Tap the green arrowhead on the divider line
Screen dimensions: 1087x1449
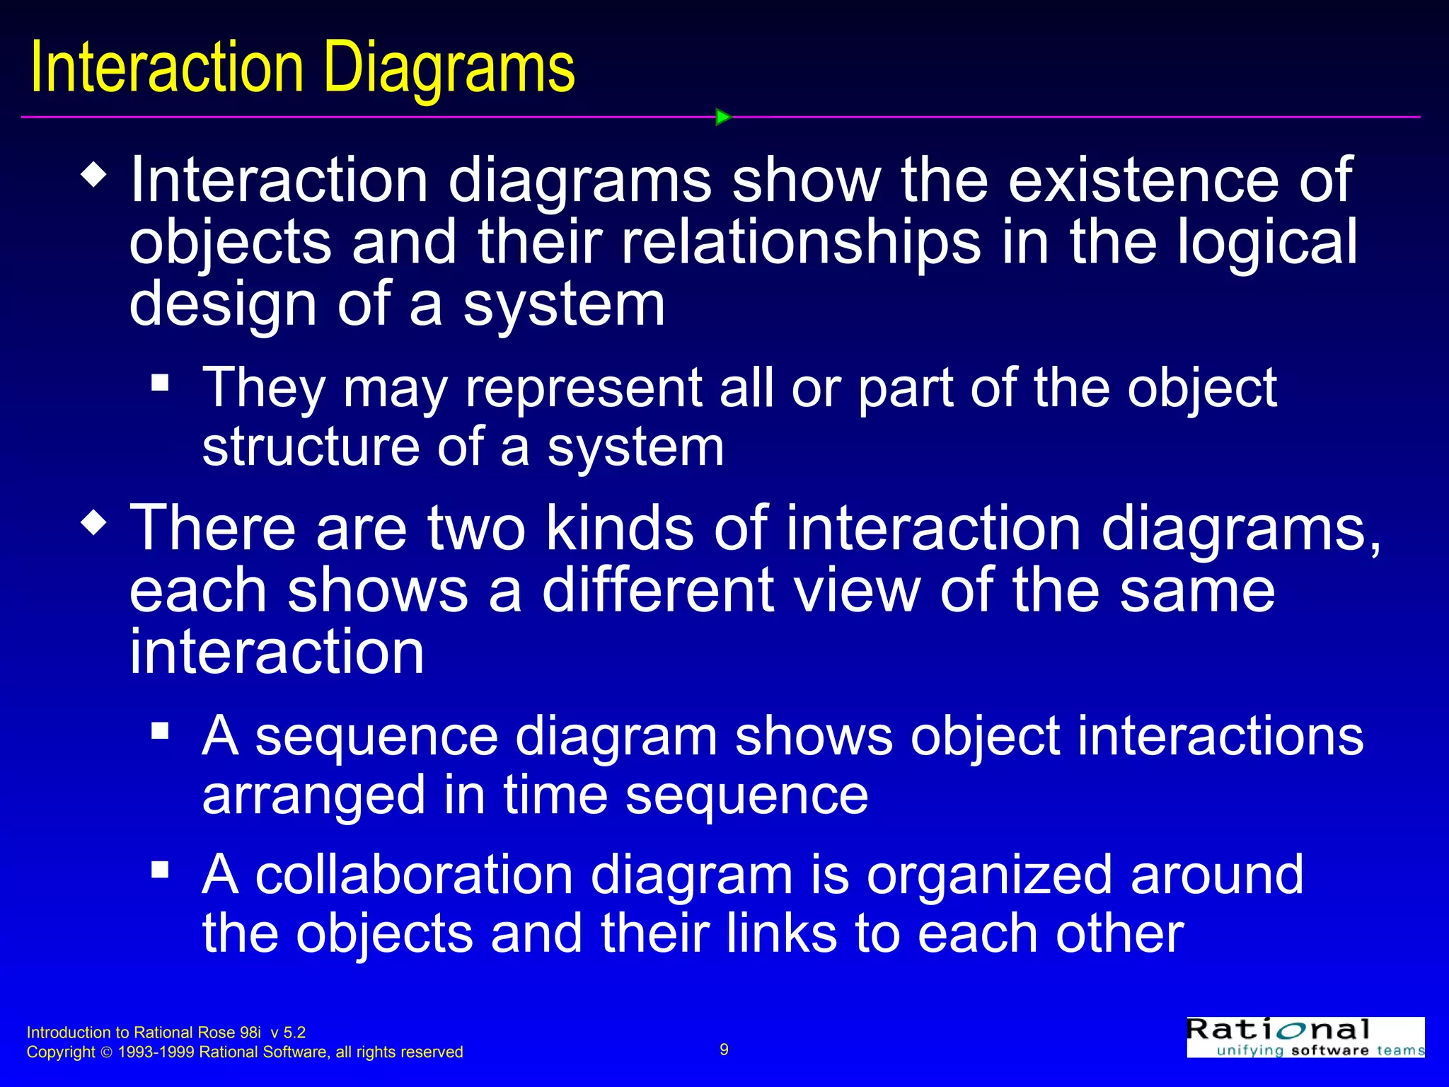pyautogui.click(x=722, y=117)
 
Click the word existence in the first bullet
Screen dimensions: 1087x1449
pyautogui.click(x=1143, y=180)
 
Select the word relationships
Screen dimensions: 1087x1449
pyautogui.click(x=800, y=243)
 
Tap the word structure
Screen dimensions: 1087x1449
pyautogui.click(x=311, y=447)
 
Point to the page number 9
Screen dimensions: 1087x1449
pyautogui.click(x=724, y=1049)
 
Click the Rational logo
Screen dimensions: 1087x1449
pyautogui.click(x=1305, y=1037)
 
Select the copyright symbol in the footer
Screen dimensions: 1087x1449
pyautogui.click(x=107, y=1052)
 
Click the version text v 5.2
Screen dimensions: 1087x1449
pyautogui.click(x=287, y=1033)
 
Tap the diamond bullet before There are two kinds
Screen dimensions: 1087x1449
pyautogui.click(x=94, y=524)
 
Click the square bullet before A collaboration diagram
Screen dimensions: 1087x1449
pyautogui.click(x=160, y=869)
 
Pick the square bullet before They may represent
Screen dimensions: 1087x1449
pyautogui.click(x=160, y=383)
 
